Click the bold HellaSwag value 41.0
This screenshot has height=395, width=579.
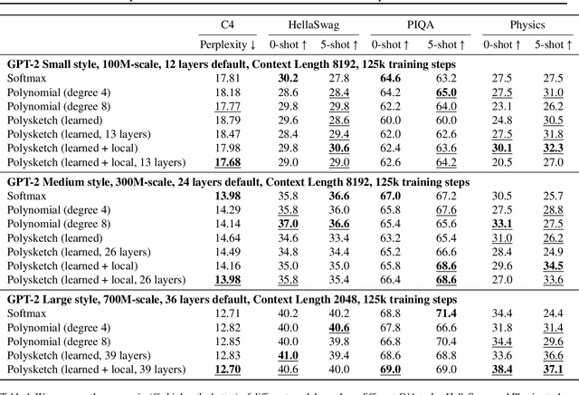(288, 354)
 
